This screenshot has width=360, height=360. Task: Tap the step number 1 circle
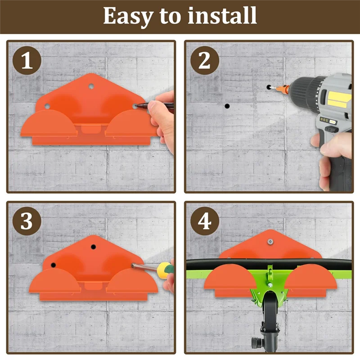pos(27,60)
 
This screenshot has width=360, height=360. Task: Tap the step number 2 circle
pos(204,60)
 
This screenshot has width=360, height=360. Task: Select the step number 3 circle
pos(27,221)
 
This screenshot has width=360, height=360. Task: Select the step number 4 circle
pos(204,221)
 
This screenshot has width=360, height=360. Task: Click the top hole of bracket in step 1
pos(91,85)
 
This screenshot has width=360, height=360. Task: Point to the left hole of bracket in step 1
pos(47,107)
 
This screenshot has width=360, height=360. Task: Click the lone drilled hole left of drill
pos(227,106)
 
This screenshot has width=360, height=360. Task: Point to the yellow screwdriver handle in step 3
pos(166,270)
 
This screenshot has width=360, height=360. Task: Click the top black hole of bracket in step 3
pos(94,247)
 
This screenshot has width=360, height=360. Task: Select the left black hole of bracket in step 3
pos(53,265)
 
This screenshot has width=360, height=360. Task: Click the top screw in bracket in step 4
pos(270,242)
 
